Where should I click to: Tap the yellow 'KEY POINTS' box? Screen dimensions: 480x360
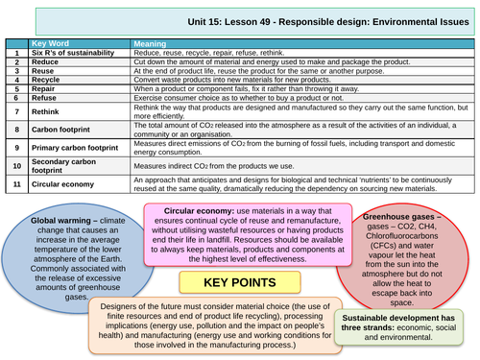click(x=240, y=283)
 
